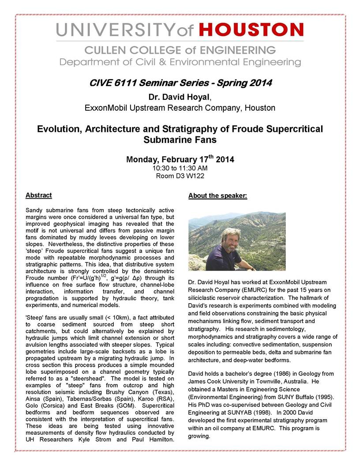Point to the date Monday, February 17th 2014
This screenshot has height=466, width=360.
(180, 159)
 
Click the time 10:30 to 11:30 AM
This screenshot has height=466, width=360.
(180, 168)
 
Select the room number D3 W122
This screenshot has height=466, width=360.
(191, 176)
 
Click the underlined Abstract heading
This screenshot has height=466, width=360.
(38, 195)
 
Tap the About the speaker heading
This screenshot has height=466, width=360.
(217, 195)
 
